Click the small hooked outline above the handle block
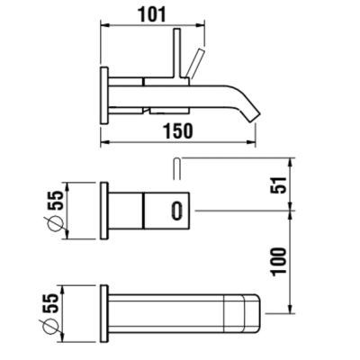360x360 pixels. pyautogui.click(x=176, y=168)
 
